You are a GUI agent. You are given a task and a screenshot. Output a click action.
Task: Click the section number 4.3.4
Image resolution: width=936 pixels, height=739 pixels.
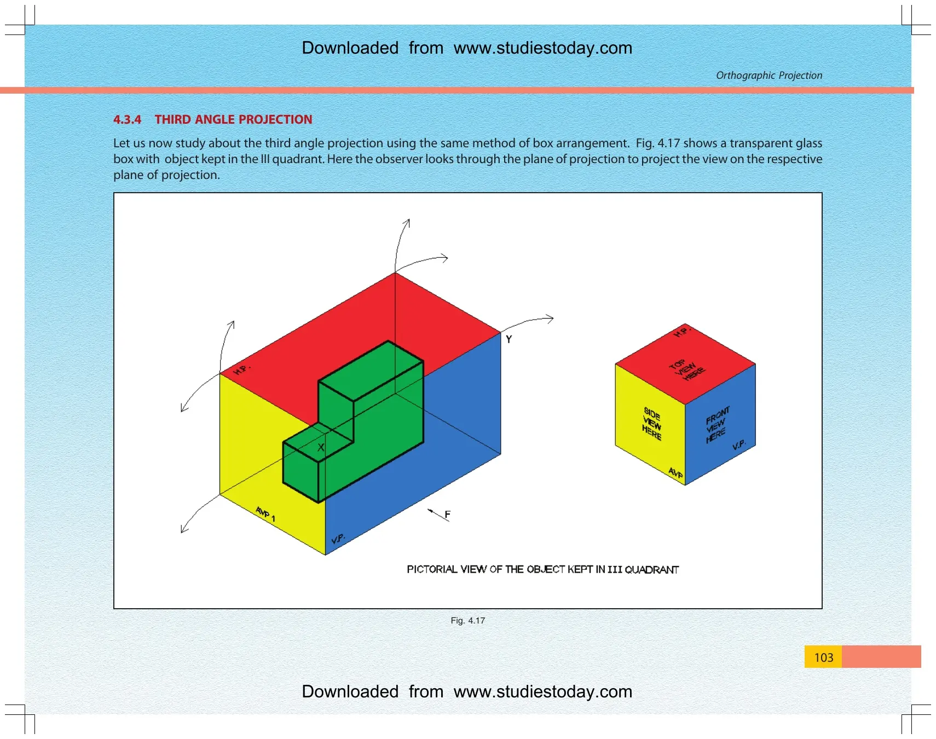tap(127, 119)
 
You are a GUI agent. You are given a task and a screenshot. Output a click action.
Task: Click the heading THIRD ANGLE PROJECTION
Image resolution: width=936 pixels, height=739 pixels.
tap(233, 119)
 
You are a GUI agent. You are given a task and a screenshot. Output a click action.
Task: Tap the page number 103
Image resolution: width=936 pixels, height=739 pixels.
tap(823, 657)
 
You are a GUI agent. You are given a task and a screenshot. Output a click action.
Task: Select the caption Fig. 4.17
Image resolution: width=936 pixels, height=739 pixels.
tap(467, 620)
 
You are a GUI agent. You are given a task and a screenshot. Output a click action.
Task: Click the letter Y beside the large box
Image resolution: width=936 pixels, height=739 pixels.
tap(509, 339)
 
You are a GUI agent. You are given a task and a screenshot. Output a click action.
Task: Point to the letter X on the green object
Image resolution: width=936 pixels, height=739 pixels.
tap(321, 448)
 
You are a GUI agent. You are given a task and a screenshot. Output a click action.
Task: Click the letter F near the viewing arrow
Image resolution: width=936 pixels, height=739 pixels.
tap(447, 515)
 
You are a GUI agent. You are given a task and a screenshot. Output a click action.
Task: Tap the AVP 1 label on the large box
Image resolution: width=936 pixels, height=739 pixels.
tap(265, 514)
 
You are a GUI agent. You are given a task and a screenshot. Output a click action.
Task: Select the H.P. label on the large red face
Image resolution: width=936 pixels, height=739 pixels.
tap(241, 370)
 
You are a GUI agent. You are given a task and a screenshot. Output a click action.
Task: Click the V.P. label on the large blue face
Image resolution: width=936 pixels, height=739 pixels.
tap(338, 539)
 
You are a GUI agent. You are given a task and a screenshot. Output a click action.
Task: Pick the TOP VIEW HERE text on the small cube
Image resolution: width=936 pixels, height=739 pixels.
tap(687, 370)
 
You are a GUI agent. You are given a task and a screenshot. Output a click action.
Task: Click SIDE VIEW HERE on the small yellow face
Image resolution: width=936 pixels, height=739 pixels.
tap(651, 424)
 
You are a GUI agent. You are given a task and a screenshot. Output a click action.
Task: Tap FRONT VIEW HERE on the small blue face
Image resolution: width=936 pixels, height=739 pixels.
tap(717, 424)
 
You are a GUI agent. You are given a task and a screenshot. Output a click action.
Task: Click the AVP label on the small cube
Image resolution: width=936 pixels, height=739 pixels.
tap(675, 472)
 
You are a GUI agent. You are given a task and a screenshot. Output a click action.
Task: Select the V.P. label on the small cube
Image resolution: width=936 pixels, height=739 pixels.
tap(739, 444)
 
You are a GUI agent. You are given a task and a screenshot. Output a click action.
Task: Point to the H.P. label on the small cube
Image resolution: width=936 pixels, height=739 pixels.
tap(682, 332)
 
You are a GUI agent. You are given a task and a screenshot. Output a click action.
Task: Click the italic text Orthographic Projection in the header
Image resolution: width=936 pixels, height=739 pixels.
tap(769, 75)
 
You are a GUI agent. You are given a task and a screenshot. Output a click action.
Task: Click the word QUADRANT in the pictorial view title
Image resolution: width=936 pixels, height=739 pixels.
tap(651, 569)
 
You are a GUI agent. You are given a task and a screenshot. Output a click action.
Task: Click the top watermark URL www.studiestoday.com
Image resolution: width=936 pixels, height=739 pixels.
tap(543, 48)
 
